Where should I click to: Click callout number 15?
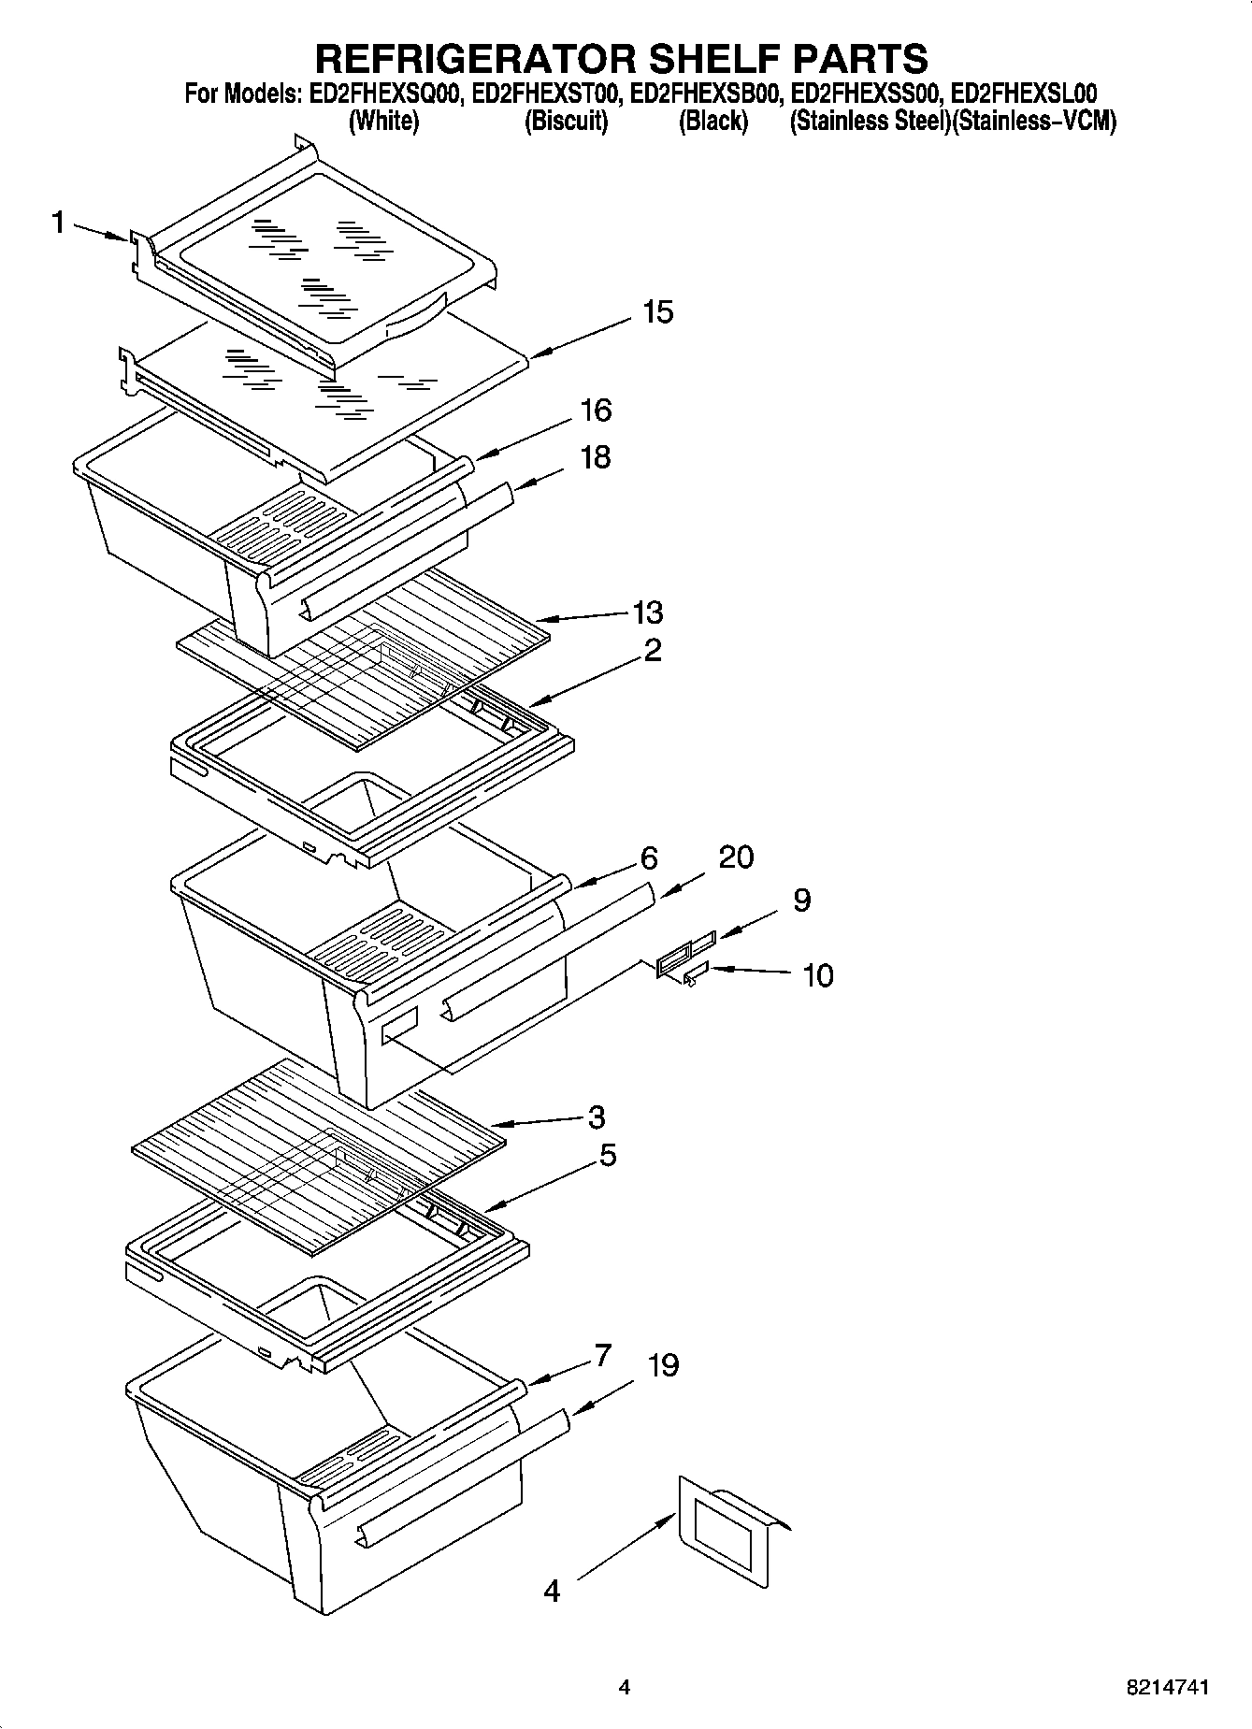click(x=658, y=312)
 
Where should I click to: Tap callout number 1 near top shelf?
click(x=58, y=223)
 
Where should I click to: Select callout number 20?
click(x=736, y=857)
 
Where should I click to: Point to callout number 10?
click(x=817, y=975)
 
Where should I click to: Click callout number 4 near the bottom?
click(x=552, y=1590)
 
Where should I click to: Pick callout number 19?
click(x=662, y=1365)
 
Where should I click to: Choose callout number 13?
click(x=647, y=612)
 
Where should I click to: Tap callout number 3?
click(x=597, y=1117)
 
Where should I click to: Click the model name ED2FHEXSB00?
click(x=707, y=94)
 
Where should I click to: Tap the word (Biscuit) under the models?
click(x=566, y=122)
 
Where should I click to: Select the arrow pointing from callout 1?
click(x=100, y=232)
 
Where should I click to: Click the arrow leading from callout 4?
click(x=625, y=1548)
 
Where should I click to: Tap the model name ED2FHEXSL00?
click(x=1023, y=94)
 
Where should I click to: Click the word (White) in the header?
click(x=383, y=122)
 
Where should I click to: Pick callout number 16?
click(x=596, y=410)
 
